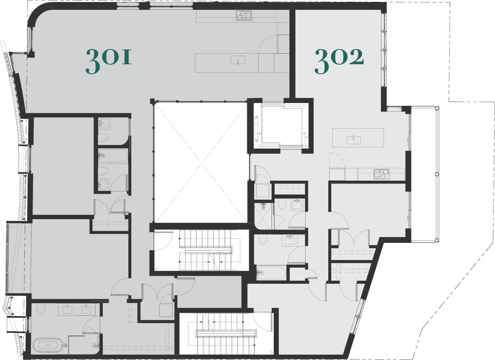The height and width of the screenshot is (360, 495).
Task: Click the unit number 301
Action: (109, 61)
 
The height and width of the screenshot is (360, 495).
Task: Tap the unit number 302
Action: (339, 61)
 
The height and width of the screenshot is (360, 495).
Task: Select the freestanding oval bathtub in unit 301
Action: (48, 345)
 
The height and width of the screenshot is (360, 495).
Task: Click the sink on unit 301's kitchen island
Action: (238, 60)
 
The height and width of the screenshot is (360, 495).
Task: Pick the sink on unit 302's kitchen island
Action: (354, 140)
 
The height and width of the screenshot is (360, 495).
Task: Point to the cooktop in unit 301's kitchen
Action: (244, 15)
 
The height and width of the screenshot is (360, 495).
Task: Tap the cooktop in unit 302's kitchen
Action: (382, 174)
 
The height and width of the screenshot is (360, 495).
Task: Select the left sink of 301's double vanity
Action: (67, 310)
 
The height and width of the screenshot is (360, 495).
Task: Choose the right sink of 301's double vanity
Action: (86, 310)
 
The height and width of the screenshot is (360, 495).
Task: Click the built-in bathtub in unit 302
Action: (271, 273)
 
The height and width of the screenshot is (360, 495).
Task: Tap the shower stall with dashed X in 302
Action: (263, 216)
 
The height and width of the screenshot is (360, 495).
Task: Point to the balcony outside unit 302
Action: (424, 174)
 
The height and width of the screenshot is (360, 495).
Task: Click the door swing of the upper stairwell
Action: (163, 241)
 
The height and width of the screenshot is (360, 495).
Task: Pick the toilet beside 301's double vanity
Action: (41, 308)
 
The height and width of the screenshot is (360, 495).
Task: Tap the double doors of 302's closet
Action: (354, 238)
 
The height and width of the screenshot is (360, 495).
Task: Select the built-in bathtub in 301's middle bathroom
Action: (113, 156)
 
